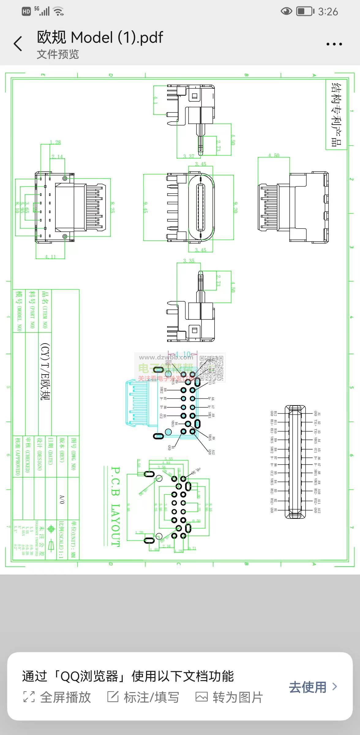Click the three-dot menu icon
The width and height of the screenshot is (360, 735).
(334, 44)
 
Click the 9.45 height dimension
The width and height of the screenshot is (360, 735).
(145, 207)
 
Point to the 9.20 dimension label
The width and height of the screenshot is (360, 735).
(235, 207)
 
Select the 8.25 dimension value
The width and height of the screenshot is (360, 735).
(112, 207)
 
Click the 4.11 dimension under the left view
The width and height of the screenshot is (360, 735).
(51, 257)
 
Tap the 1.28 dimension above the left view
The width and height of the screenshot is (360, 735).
(55, 142)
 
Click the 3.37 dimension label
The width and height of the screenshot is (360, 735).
(189, 156)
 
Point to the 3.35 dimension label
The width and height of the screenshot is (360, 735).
(189, 261)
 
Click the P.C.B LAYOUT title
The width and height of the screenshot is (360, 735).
(115, 507)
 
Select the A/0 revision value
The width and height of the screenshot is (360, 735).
(62, 499)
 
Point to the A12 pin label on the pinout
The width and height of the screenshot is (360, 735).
(319, 510)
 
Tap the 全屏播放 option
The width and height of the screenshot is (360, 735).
(57, 697)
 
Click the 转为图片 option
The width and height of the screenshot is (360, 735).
(229, 697)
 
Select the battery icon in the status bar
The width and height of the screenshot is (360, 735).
(305, 12)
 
